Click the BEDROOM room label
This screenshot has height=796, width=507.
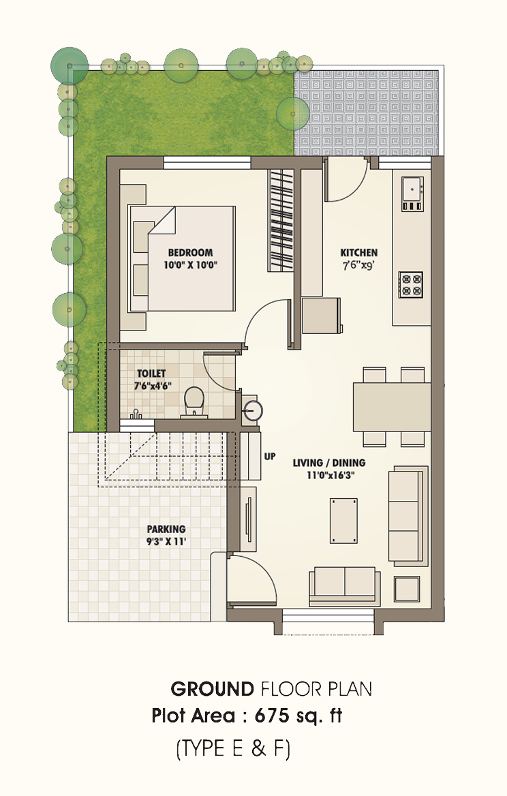190,252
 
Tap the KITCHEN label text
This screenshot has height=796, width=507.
359,252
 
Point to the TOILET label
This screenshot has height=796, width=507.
151,373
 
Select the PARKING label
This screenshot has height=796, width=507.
166,529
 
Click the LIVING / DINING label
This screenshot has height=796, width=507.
329,463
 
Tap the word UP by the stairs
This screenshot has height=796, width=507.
269,457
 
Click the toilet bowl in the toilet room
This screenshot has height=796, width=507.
194,401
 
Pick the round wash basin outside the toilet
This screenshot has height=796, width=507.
253,410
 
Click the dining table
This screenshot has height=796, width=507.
392,407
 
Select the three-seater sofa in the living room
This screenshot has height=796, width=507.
408,517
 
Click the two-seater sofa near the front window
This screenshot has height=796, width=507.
345,585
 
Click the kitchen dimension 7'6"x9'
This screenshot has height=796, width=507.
359,265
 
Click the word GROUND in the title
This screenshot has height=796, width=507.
212,689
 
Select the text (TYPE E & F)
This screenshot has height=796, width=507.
233,749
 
